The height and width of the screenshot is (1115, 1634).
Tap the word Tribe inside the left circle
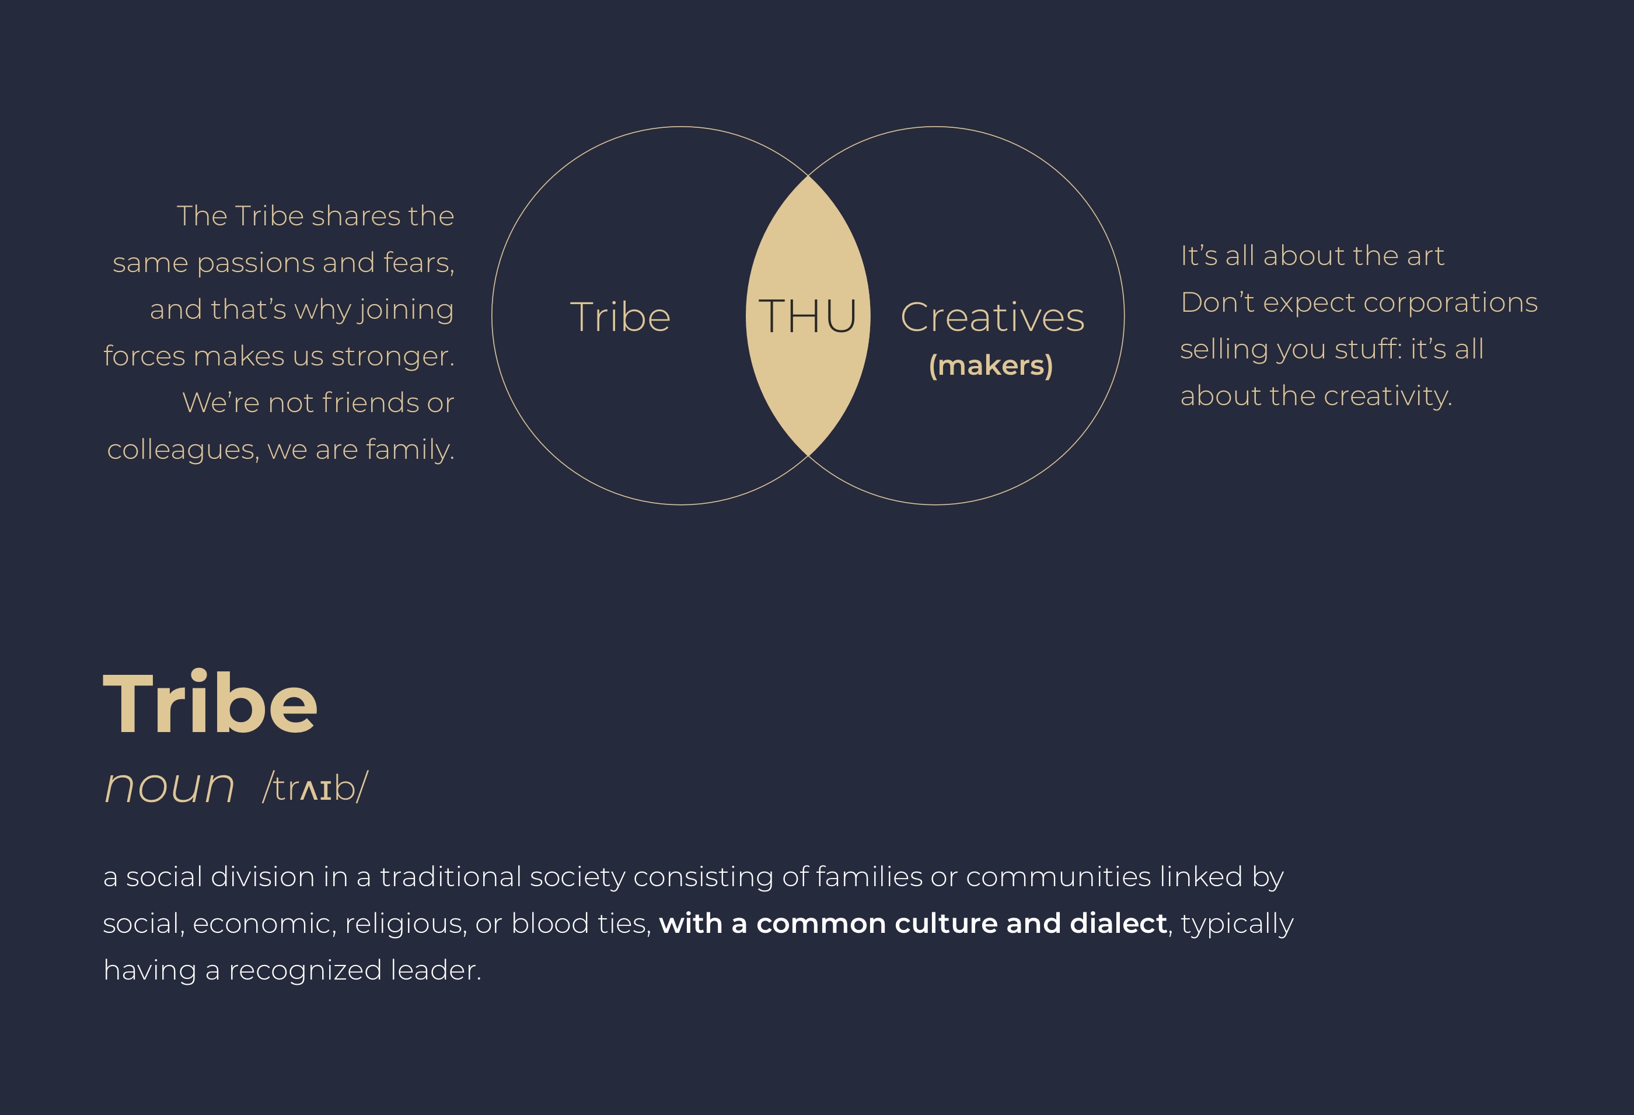click(620, 316)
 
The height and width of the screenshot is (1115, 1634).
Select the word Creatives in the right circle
click(992, 317)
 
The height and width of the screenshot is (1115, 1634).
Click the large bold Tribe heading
click(210, 702)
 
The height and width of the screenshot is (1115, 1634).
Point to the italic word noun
click(169, 786)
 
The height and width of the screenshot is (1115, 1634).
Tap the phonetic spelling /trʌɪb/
click(315, 786)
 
